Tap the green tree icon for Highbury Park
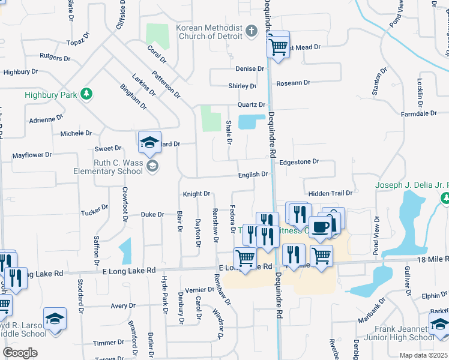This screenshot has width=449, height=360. pyautogui.click(x=87, y=94)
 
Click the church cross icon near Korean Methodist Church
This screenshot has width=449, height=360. pyautogui.click(x=253, y=30)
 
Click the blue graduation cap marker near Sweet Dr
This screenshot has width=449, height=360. pyautogui.click(x=149, y=143)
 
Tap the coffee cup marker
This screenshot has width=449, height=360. pyautogui.click(x=321, y=227)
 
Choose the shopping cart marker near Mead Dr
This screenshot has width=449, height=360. pyautogui.click(x=278, y=46)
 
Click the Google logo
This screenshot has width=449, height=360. pyautogui.click(x=20, y=353)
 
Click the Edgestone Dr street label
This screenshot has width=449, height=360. pyautogui.click(x=299, y=161)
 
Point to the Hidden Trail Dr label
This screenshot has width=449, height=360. pyautogui.click(x=330, y=193)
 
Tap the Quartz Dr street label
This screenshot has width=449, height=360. pyautogui.click(x=251, y=104)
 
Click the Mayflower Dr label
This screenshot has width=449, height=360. pyautogui.click(x=32, y=155)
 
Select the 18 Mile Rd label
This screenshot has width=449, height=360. pyautogui.click(x=427, y=257)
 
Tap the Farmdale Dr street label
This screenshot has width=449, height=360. pyautogui.click(x=418, y=113)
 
